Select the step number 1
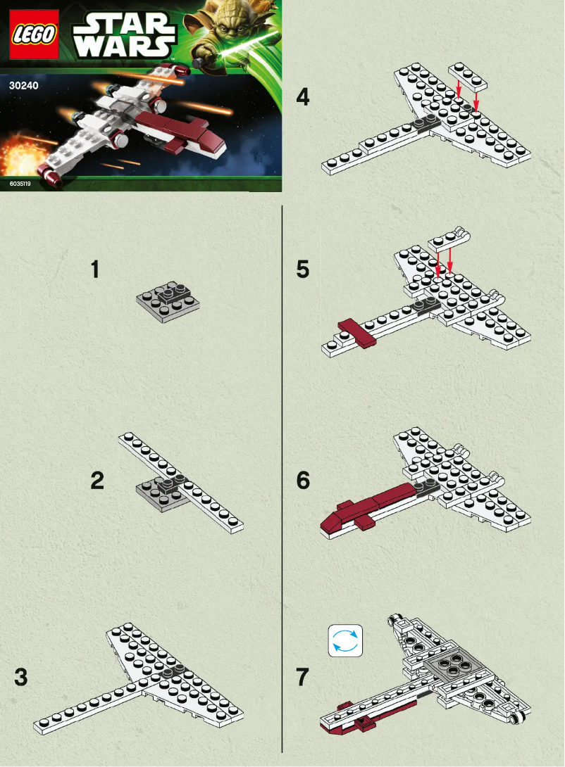pyautogui.click(x=95, y=270)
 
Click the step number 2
pyautogui.click(x=97, y=481)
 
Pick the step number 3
pyautogui.click(x=21, y=678)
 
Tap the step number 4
pyautogui.click(x=302, y=96)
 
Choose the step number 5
pyautogui.click(x=302, y=270)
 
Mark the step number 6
pyautogui.click(x=303, y=481)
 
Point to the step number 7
pyautogui.click(x=302, y=678)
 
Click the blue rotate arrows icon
pyautogui.click(x=345, y=641)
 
